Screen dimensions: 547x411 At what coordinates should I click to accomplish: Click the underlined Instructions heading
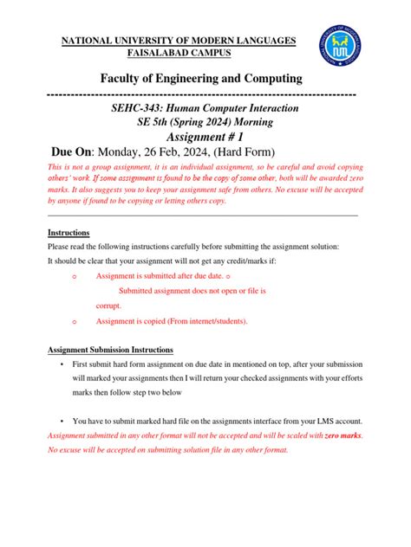point(68,233)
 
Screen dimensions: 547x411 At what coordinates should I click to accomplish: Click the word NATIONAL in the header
point(85,40)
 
